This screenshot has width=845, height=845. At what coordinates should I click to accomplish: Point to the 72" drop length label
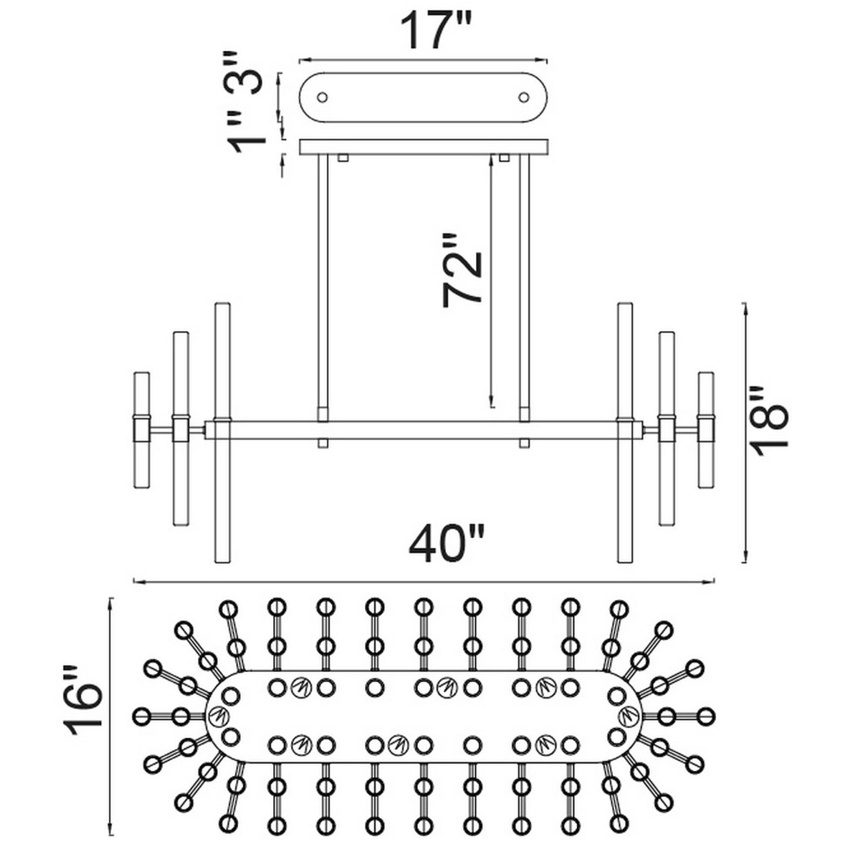461,270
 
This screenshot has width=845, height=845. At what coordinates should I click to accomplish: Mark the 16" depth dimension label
83,701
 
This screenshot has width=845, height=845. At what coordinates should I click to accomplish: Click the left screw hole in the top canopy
322,98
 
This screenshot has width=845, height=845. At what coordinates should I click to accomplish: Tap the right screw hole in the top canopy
524,98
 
